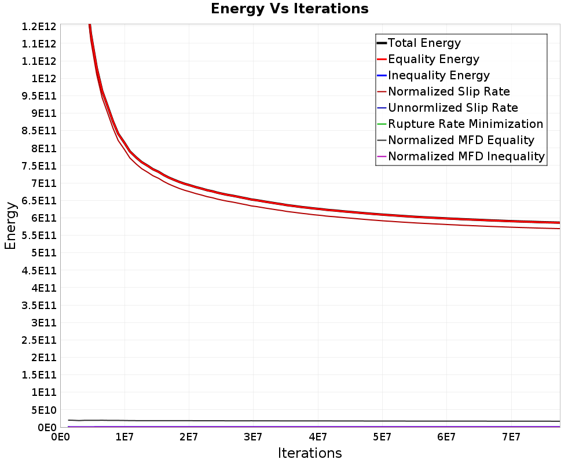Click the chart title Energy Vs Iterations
[289, 9]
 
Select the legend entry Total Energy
[424, 43]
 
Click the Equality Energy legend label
[434, 59]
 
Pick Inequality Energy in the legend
[439, 75]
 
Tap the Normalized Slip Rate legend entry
[449, 91]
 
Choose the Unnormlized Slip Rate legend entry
[453, 108]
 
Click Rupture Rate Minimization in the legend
[466, 124]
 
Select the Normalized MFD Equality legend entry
[461, 140]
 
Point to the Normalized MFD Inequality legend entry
[466, 156]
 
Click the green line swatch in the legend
[382, 124]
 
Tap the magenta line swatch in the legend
[382, 156]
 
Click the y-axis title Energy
[10, 226]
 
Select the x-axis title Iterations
[310, 453]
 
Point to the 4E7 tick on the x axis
[317, 438]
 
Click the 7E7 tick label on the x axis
[511, 438]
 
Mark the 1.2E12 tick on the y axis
[39, 27]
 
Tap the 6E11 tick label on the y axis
[44, 218]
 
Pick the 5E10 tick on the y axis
[44, 410]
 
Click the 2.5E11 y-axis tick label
[39, 340]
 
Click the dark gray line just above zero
[314, 421]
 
